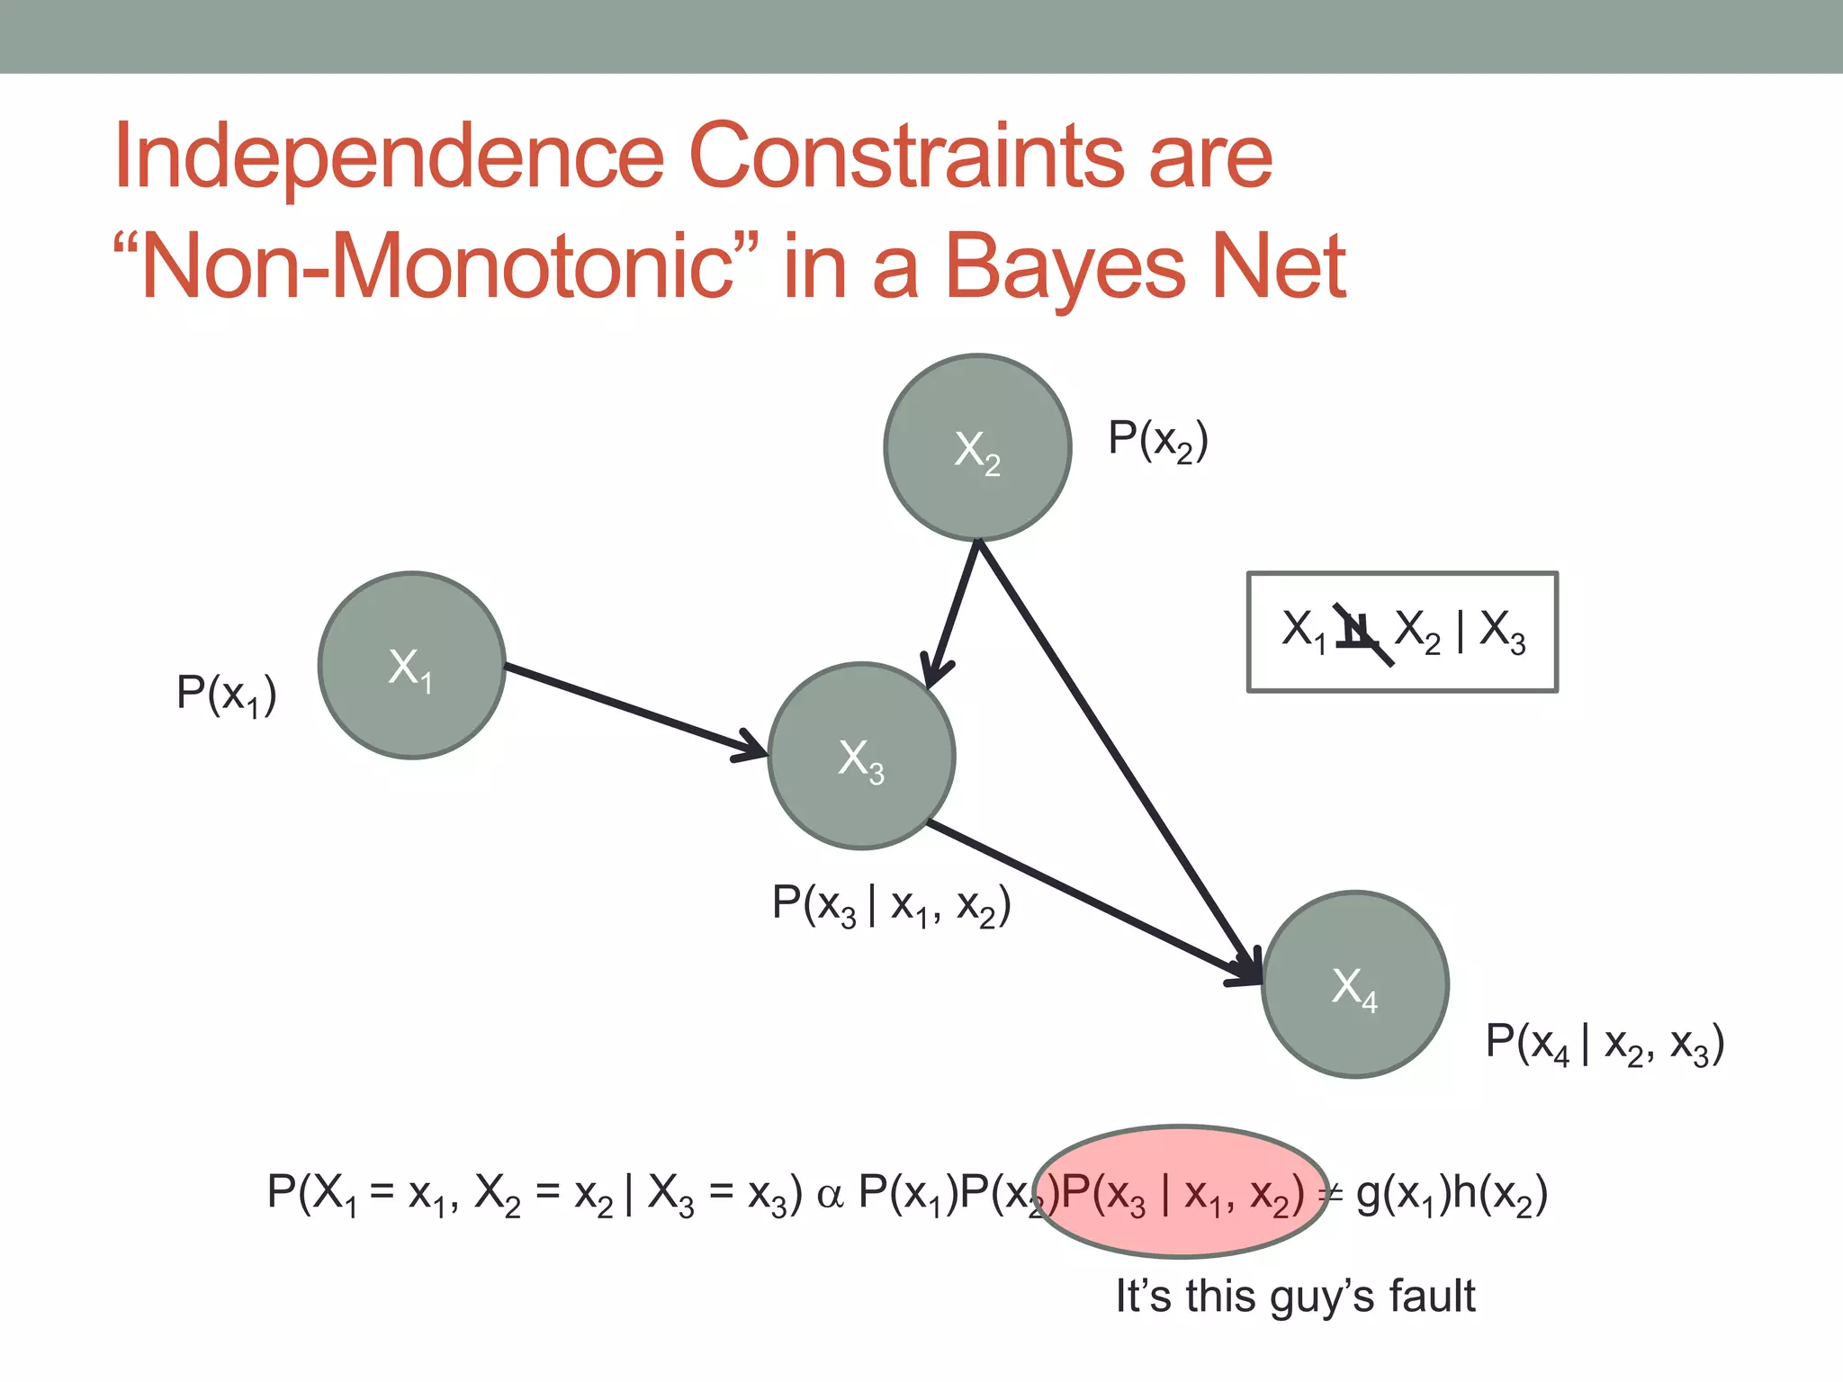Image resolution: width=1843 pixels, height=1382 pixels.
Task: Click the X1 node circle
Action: (x=411, y=666)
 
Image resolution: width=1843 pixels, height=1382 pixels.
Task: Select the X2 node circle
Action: (x=977, y=447)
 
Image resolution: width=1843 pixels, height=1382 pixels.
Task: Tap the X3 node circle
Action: (x=861, y=756)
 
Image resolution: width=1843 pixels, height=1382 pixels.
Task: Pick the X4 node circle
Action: (x=1355, y=984)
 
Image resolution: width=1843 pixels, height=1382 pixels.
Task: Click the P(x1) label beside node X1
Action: (x=226, y=695)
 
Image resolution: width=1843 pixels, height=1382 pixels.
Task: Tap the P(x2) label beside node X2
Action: (x=1158, y=441)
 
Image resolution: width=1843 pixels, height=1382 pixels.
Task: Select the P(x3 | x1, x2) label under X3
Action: (x=891, y=904)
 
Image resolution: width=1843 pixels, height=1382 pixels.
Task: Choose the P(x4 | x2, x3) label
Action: (x=1605, y=1044)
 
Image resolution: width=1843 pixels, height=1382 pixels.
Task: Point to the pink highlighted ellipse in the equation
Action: (x=1181, y=1192)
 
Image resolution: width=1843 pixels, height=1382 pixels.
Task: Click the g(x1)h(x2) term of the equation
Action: (x=1451, y=1195)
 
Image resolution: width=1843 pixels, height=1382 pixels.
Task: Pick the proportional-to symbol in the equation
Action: (x=830, y=1196)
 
